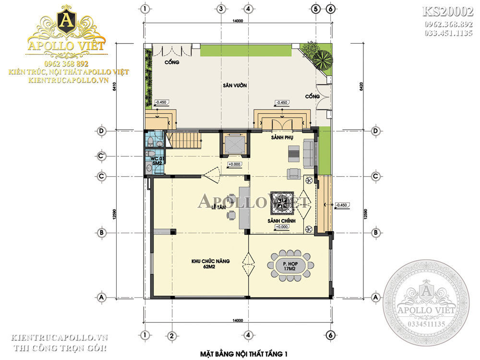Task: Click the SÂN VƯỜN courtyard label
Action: coord(235,85)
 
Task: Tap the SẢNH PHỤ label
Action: coord(282,138)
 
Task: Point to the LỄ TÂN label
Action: coord(218,207)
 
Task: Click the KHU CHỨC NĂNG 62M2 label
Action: coord(211,264)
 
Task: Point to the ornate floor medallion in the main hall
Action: coord(281,202)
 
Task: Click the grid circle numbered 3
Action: coord(221,9)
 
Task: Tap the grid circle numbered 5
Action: coord(315,9)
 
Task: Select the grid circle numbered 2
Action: coord(171,335)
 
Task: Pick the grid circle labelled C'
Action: coord(101,156)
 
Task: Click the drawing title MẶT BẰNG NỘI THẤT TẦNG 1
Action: coord(244,354)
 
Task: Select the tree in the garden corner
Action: coord(320,58)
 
